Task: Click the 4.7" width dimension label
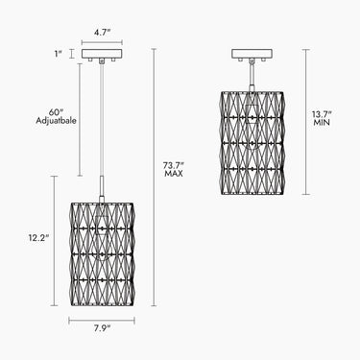(102, 33)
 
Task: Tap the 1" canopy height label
(58, 54)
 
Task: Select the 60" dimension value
(57, 112)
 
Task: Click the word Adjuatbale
(57, 121)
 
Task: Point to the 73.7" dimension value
(174, 166)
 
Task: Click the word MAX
(174, 174)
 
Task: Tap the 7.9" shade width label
(102, 328)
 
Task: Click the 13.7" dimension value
(322, 114)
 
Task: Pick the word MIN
(322, 123)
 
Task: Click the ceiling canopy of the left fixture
(102, 55)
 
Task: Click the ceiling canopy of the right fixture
(252, 55)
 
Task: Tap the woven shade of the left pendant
(102, 254)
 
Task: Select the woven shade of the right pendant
(252, 143)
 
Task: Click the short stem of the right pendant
(252, 76)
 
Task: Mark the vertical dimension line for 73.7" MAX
(155, 178)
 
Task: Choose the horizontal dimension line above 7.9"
(102, 320)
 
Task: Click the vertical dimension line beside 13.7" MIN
(306, 122)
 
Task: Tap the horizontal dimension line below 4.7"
(102, 42)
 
